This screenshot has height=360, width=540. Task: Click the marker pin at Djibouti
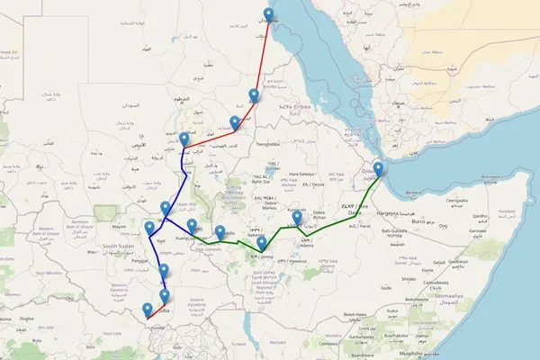click(379, 169)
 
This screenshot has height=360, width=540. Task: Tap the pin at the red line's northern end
click(267, 15)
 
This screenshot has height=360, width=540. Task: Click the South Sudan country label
click(118, 245)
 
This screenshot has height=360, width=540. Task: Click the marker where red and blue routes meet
click(184, 140)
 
